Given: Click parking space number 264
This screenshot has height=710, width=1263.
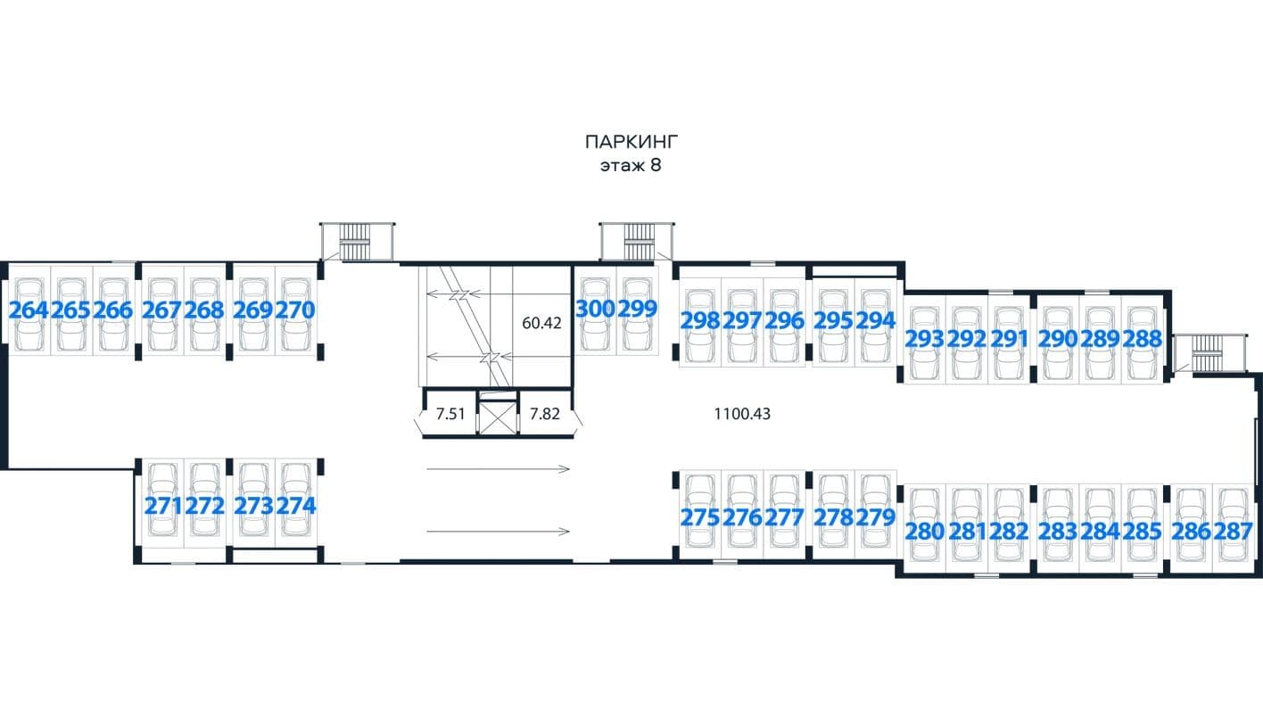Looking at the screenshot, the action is pyautogui.click(x=29, y=310).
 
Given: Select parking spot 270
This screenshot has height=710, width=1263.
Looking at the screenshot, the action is pyautogui.click(x=295, y=310).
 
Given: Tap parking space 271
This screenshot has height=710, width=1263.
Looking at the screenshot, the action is pyautogui.click(x=164, y=506).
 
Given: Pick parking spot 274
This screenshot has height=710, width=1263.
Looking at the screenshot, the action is pyautogui.click(x=296, y=506).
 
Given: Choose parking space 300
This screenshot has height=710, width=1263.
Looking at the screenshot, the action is pyautogui.click(x=596, y=309).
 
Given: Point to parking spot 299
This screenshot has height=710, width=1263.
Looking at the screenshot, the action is pyautogui.click(x=638, y=309).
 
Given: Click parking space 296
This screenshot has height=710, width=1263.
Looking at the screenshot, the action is pyautogui.click(x=784, y=321).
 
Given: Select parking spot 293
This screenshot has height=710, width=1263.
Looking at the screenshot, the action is pyautogui.click(x=924, y=339).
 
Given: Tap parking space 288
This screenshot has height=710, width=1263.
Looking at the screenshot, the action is pyautogui.click(x=1143, y=339).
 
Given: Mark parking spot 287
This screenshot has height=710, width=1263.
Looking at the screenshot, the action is pyautogui.click(x=1233, y=532).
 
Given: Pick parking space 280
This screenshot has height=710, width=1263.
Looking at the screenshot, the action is pyautogui.click(x=924, y=532).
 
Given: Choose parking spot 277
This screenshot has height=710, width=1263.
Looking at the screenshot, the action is pyautogui.click(x=784, y=517).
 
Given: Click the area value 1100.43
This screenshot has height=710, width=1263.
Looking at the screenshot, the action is pyautogui.click(x=742, y=414).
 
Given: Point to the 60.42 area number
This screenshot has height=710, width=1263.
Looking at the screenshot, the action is pyautogui.click(x=541, y=323).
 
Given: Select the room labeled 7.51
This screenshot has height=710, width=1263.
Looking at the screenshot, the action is pyautogui.click(x=450, y=414).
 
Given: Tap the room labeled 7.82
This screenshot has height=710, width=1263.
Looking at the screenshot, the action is pyautogui.click(x=545, y=414).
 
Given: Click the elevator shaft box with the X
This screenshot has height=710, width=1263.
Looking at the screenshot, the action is pyautogui.click(x=498, y=417).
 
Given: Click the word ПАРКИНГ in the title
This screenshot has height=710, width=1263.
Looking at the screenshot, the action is pyautogui.click(x=631, y=142).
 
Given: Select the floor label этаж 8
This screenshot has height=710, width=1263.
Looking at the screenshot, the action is pyautogui.click(x=631, y=166).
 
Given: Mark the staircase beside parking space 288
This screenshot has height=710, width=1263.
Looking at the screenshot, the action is pyautogui.click(x=1209, y=353).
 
